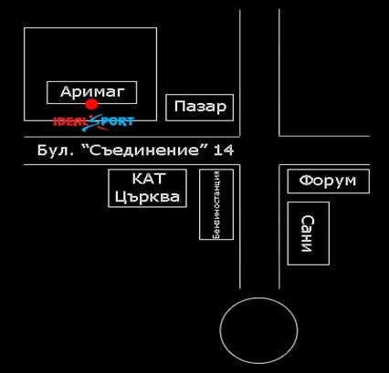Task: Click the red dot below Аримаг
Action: click(x=91, y=104)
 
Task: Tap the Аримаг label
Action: click(x=92, y=92)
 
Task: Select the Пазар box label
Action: click(x=200, y=107)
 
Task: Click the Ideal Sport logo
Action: click(x=94, y=122)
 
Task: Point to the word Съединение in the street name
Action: click(x=144, y=150)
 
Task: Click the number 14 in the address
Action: click(x=224, y=150)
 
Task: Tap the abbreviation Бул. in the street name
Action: click(x=56, y=150)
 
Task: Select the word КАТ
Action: click(x=149, y=179)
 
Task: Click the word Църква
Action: click(x=147, y=197)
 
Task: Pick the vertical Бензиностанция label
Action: click(x=216, y=204)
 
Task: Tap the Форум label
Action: click(x=328, y=181)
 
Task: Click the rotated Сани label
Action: click(x=308, y=233)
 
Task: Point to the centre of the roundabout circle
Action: click(x=258, y=330)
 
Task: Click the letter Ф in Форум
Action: click(x=305, y=181)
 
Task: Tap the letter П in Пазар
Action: click(x=180, y=107)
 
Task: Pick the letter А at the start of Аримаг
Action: click(x=67, y=92)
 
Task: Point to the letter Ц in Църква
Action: click(x=121, y=197)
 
